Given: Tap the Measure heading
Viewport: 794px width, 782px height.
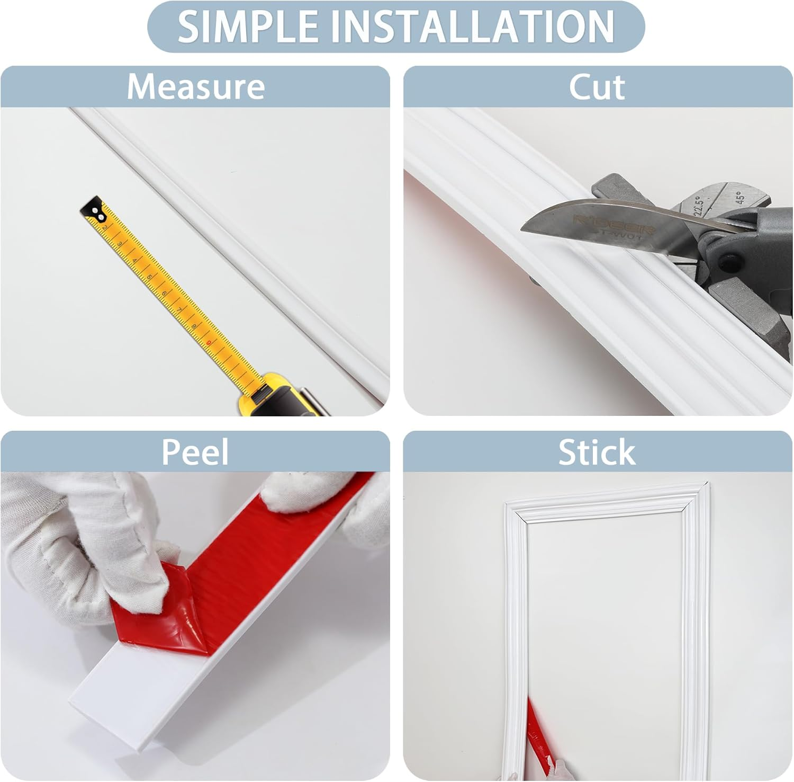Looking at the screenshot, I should (x=195, y=87).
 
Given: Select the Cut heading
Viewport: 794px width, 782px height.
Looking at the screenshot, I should (x=597, y=87).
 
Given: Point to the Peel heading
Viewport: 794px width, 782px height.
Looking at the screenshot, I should (x=195, y=452).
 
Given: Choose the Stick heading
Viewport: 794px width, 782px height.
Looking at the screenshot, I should (x=597, y=452).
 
